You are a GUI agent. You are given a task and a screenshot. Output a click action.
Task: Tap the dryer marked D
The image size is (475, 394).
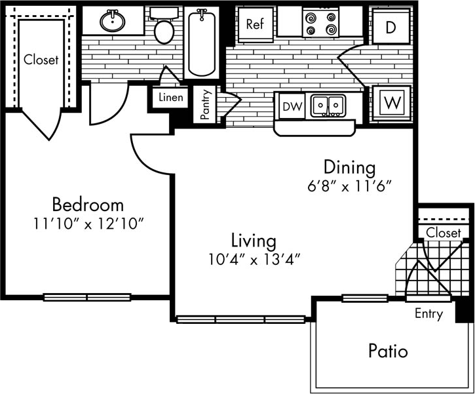[391, 27]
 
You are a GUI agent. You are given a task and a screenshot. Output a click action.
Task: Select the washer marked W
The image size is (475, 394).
[392, 102]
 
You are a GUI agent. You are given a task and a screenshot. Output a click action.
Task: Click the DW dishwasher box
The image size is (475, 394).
[290, 106]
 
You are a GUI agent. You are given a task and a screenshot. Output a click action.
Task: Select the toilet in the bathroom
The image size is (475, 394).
[162, 26]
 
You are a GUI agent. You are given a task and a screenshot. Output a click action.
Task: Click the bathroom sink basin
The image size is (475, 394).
[114, 22]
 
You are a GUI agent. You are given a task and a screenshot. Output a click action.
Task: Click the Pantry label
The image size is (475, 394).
[205, 105]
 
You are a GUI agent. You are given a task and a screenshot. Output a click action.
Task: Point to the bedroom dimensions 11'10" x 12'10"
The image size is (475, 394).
[88, 223]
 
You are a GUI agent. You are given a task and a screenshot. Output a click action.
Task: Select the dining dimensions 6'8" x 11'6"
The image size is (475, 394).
[349, 186]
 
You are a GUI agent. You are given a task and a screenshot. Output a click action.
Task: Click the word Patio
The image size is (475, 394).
[387, 351]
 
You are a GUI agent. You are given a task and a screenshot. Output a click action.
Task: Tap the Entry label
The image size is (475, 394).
[428, 314]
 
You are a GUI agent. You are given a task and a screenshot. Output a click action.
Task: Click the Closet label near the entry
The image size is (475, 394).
[444, 233]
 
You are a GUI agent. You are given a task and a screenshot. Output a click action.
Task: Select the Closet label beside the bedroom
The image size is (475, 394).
[41, 60]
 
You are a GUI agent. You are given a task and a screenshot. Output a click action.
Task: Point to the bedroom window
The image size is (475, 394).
[87, 297]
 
